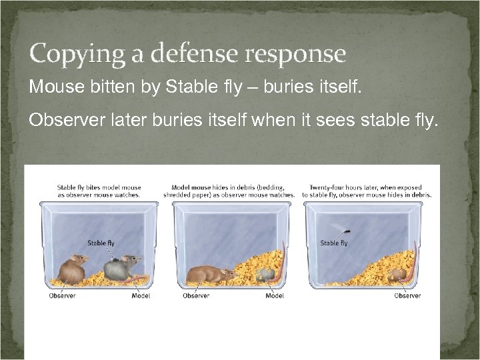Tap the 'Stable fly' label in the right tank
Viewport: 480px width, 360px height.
pos(333,243)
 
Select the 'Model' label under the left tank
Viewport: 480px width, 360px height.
pos(141,295)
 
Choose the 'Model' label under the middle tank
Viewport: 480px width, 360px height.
pos(274,295)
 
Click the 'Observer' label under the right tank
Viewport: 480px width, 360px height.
pos(407,295)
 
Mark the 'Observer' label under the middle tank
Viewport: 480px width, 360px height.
pos(196,295)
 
